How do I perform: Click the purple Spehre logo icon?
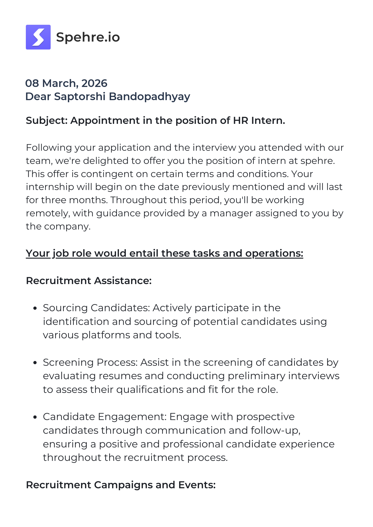tap(38, 37)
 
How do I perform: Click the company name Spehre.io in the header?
tap(88, 37)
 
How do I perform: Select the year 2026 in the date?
tap(94, 83)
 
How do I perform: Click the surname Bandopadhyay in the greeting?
tap(149, 97)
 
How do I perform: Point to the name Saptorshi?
tap(80, 97)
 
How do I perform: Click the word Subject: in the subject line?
tap(47, 121)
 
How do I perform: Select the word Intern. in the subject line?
tap(268, 121)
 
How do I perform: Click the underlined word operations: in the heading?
tap(274, 253)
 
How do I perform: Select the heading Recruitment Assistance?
tap(89, 281)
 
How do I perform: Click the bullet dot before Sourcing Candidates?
tap(35, 308)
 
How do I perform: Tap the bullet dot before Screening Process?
tap(35, 363)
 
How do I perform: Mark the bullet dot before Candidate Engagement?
tap(35, 417)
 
